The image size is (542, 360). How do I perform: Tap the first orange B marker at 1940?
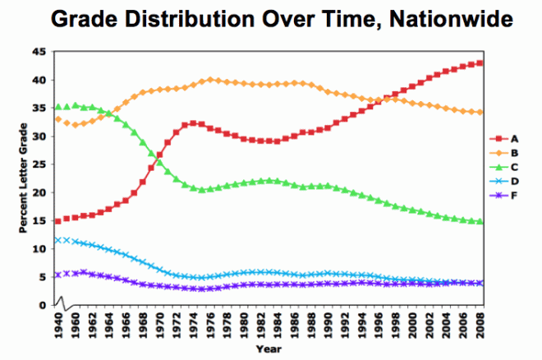(x=57, y=119)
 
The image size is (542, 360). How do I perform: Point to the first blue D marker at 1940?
(x=57, y=240)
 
